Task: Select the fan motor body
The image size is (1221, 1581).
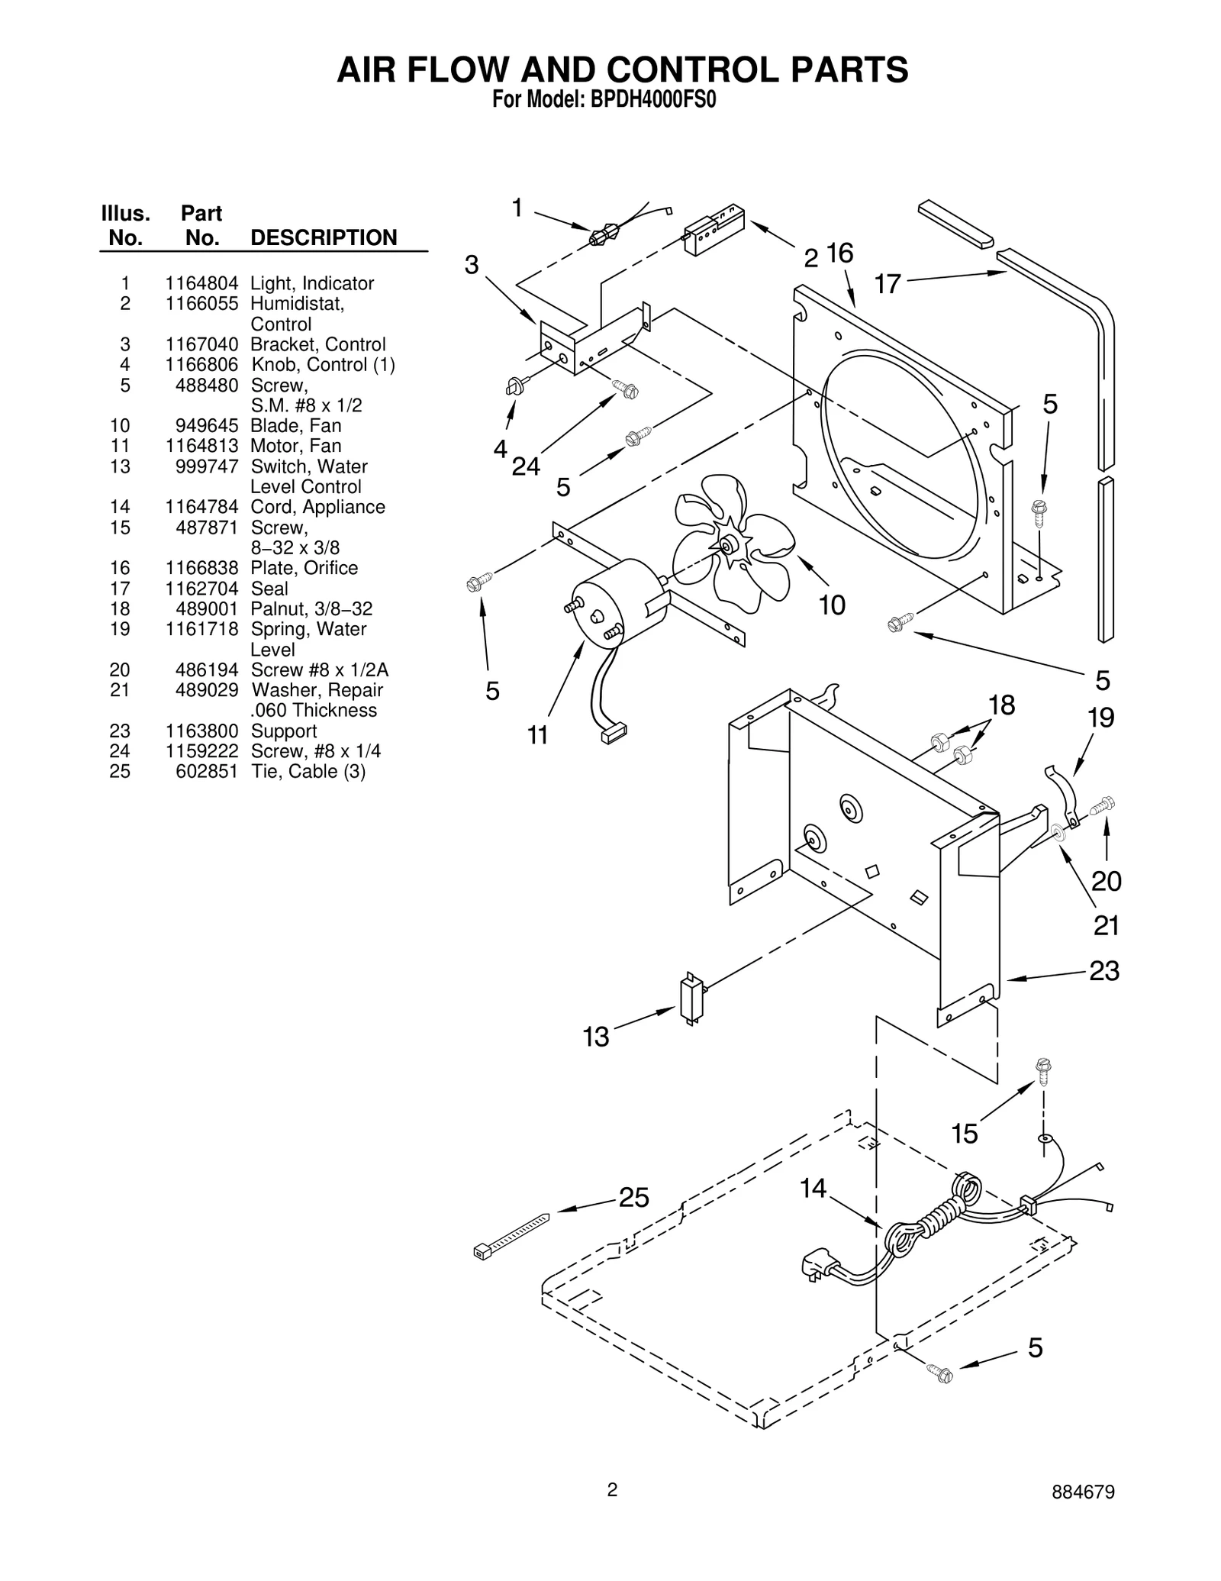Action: [x=610, y=603]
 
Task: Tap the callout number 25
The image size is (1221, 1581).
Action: [x=633, y=1198]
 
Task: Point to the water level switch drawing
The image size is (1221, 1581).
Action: [x=691, y=1001]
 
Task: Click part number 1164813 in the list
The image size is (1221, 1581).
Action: [x=201, y=446]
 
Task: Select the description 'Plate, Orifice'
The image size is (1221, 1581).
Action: [x=304, y=568]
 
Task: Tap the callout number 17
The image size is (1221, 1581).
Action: [x=888, y=285]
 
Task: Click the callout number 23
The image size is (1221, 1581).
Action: [x=1103, y=971]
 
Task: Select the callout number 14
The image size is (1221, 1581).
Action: [x=813, y=1189]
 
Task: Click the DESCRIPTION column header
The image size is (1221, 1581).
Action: [x=324, y=237]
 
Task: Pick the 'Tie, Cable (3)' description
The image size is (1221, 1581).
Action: [x=308, y=772]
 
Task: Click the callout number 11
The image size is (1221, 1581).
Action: [x=537, y=735]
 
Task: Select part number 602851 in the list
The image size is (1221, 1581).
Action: [x=207, y=772]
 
